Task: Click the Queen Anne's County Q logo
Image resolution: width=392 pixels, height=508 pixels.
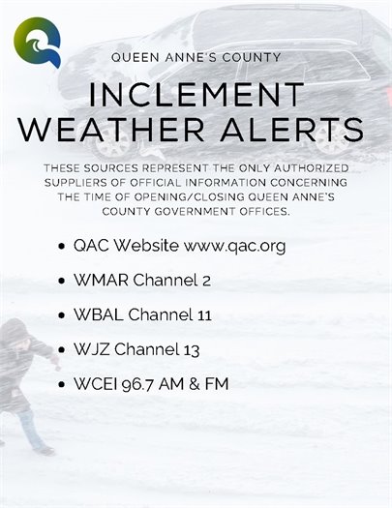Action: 37,43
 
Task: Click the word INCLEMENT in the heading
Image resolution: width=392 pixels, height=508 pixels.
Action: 195,97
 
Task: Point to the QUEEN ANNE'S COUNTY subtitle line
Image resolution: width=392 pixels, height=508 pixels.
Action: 196,58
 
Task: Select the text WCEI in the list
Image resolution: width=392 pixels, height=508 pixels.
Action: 94,383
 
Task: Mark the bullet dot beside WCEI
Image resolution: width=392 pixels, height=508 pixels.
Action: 63,384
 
